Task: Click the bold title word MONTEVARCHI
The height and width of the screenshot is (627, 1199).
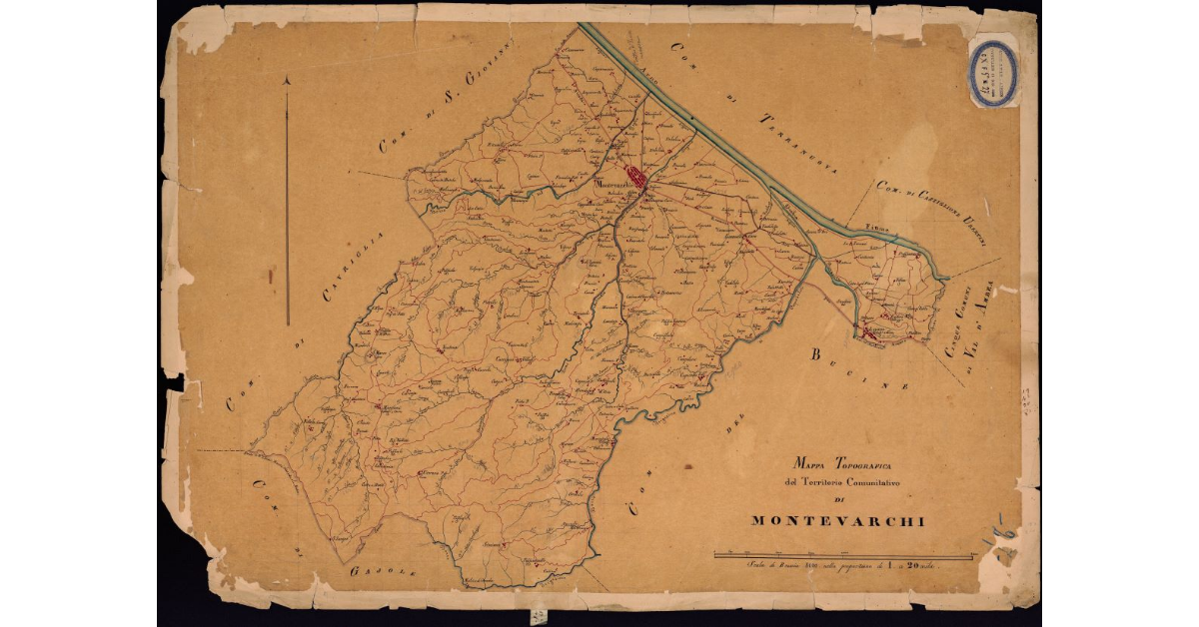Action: point(838,520)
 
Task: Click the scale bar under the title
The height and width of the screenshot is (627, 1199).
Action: point(844,554)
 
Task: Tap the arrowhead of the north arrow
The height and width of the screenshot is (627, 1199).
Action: point(287,82)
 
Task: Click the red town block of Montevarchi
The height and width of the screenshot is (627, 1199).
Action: point(634,184)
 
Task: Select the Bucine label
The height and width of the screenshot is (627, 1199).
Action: point(860,370)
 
